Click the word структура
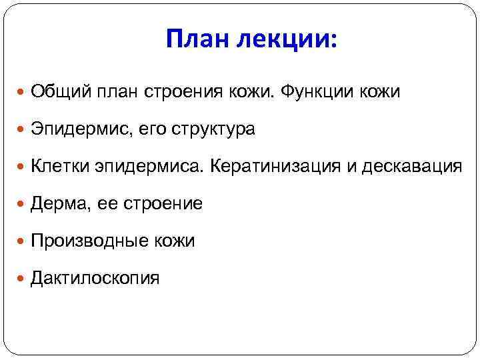pyautogui.click(x=215, y=129)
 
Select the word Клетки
pyautogui.click(x=64, y=166)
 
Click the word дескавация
pyautogui.click(x=411, y=166)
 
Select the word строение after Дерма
pyautogui.click(x=163, y=203)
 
